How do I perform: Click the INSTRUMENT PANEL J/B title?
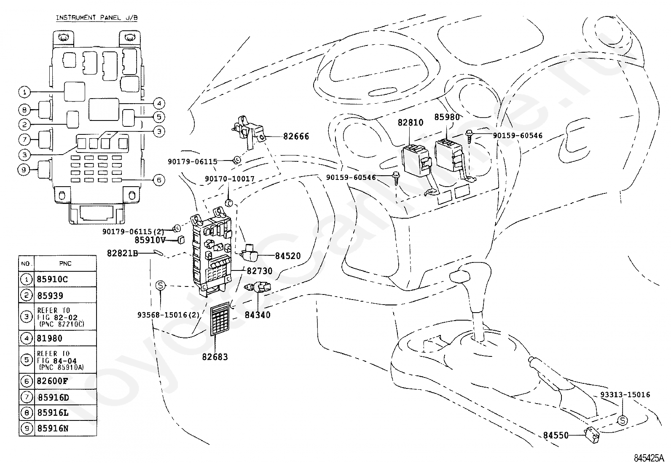(97, 18)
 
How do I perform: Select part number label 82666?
(296, 136)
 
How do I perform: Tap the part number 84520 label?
(287, 256)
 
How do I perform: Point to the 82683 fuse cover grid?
(220, 318)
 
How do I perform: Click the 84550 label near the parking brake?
(556, 435)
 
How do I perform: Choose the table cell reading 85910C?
(52, 279)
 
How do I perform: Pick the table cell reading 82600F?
(52, 381)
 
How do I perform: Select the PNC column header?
(65, 264)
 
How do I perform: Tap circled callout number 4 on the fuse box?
(159, 104)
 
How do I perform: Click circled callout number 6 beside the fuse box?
(159, 180)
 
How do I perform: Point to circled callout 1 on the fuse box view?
(24, 92)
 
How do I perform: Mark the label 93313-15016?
(625, 395)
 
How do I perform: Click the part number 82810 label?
(411, 122)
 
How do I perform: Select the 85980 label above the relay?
(447, 117)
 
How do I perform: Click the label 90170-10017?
(230, 179)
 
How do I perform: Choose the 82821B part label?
(123, 253)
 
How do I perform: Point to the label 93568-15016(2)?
(168, 315)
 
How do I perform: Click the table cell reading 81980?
(49, 338)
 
